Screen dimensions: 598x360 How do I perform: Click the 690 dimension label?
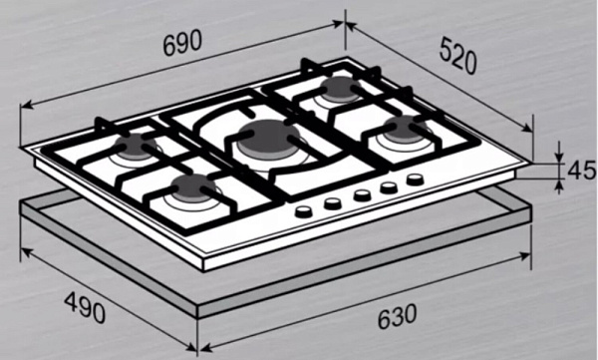(182, 42)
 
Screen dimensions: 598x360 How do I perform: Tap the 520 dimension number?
(458, 56)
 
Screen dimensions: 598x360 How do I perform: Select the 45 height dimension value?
(581, 171)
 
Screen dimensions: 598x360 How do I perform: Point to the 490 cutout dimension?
(85, 307)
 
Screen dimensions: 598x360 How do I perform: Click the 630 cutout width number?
(397, 316)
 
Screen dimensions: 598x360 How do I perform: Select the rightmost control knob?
(415, 179)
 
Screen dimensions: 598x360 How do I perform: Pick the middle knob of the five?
(362, 195)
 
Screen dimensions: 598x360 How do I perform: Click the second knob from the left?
(333, 203)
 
